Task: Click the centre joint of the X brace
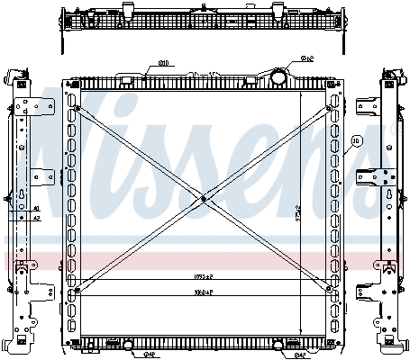[x=205, y=199]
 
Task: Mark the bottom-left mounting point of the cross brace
[x=77, y=290]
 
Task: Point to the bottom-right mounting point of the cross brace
[x=330, y=290]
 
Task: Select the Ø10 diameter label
[x=165, y=63]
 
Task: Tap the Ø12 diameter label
[x=305, y=58]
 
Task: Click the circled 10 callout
[x=356, y=141]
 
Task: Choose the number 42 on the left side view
[x=36, y=217]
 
